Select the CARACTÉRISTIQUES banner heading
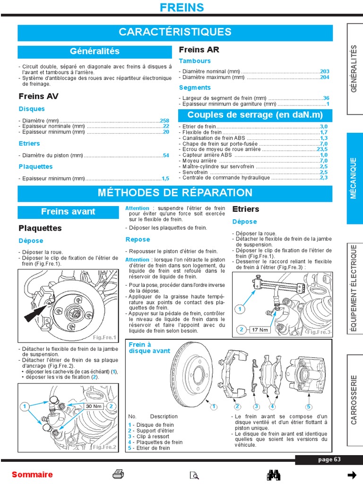click(175, 32)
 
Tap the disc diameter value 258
click(164, 121)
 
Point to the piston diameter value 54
click(165, 155)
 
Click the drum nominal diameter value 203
click(324, 71)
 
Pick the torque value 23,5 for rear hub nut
click(322, 149)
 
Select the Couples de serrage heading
click(255, 115)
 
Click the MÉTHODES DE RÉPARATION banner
click(175, 193)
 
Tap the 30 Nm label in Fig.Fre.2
click(94, 406)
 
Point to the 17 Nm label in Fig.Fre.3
click(260, 329)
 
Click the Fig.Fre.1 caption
click(104, 337)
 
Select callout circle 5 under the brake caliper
click(309, 406)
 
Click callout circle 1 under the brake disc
click(214, 406)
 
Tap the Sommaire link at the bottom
click(32, 475)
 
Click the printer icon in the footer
click(118, 475)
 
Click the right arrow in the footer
click(351, 475)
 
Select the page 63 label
click(329, 459)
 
